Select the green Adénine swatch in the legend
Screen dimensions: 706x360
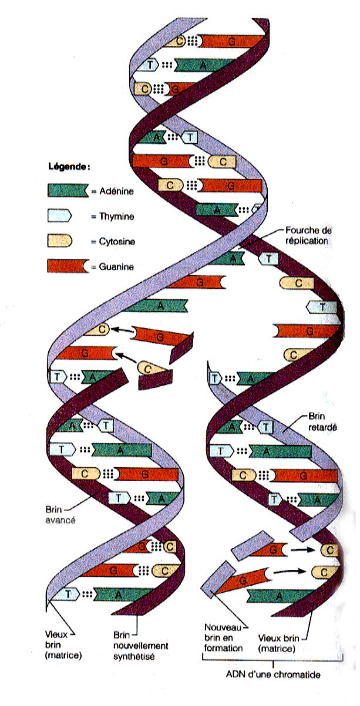pos(67,190)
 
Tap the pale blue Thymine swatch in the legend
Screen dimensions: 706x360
pos(59,215)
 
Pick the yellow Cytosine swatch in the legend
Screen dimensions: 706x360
pos(59,241)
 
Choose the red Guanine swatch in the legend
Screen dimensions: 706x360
pos(66,266)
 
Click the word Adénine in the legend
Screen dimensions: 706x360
pos(112,191)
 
